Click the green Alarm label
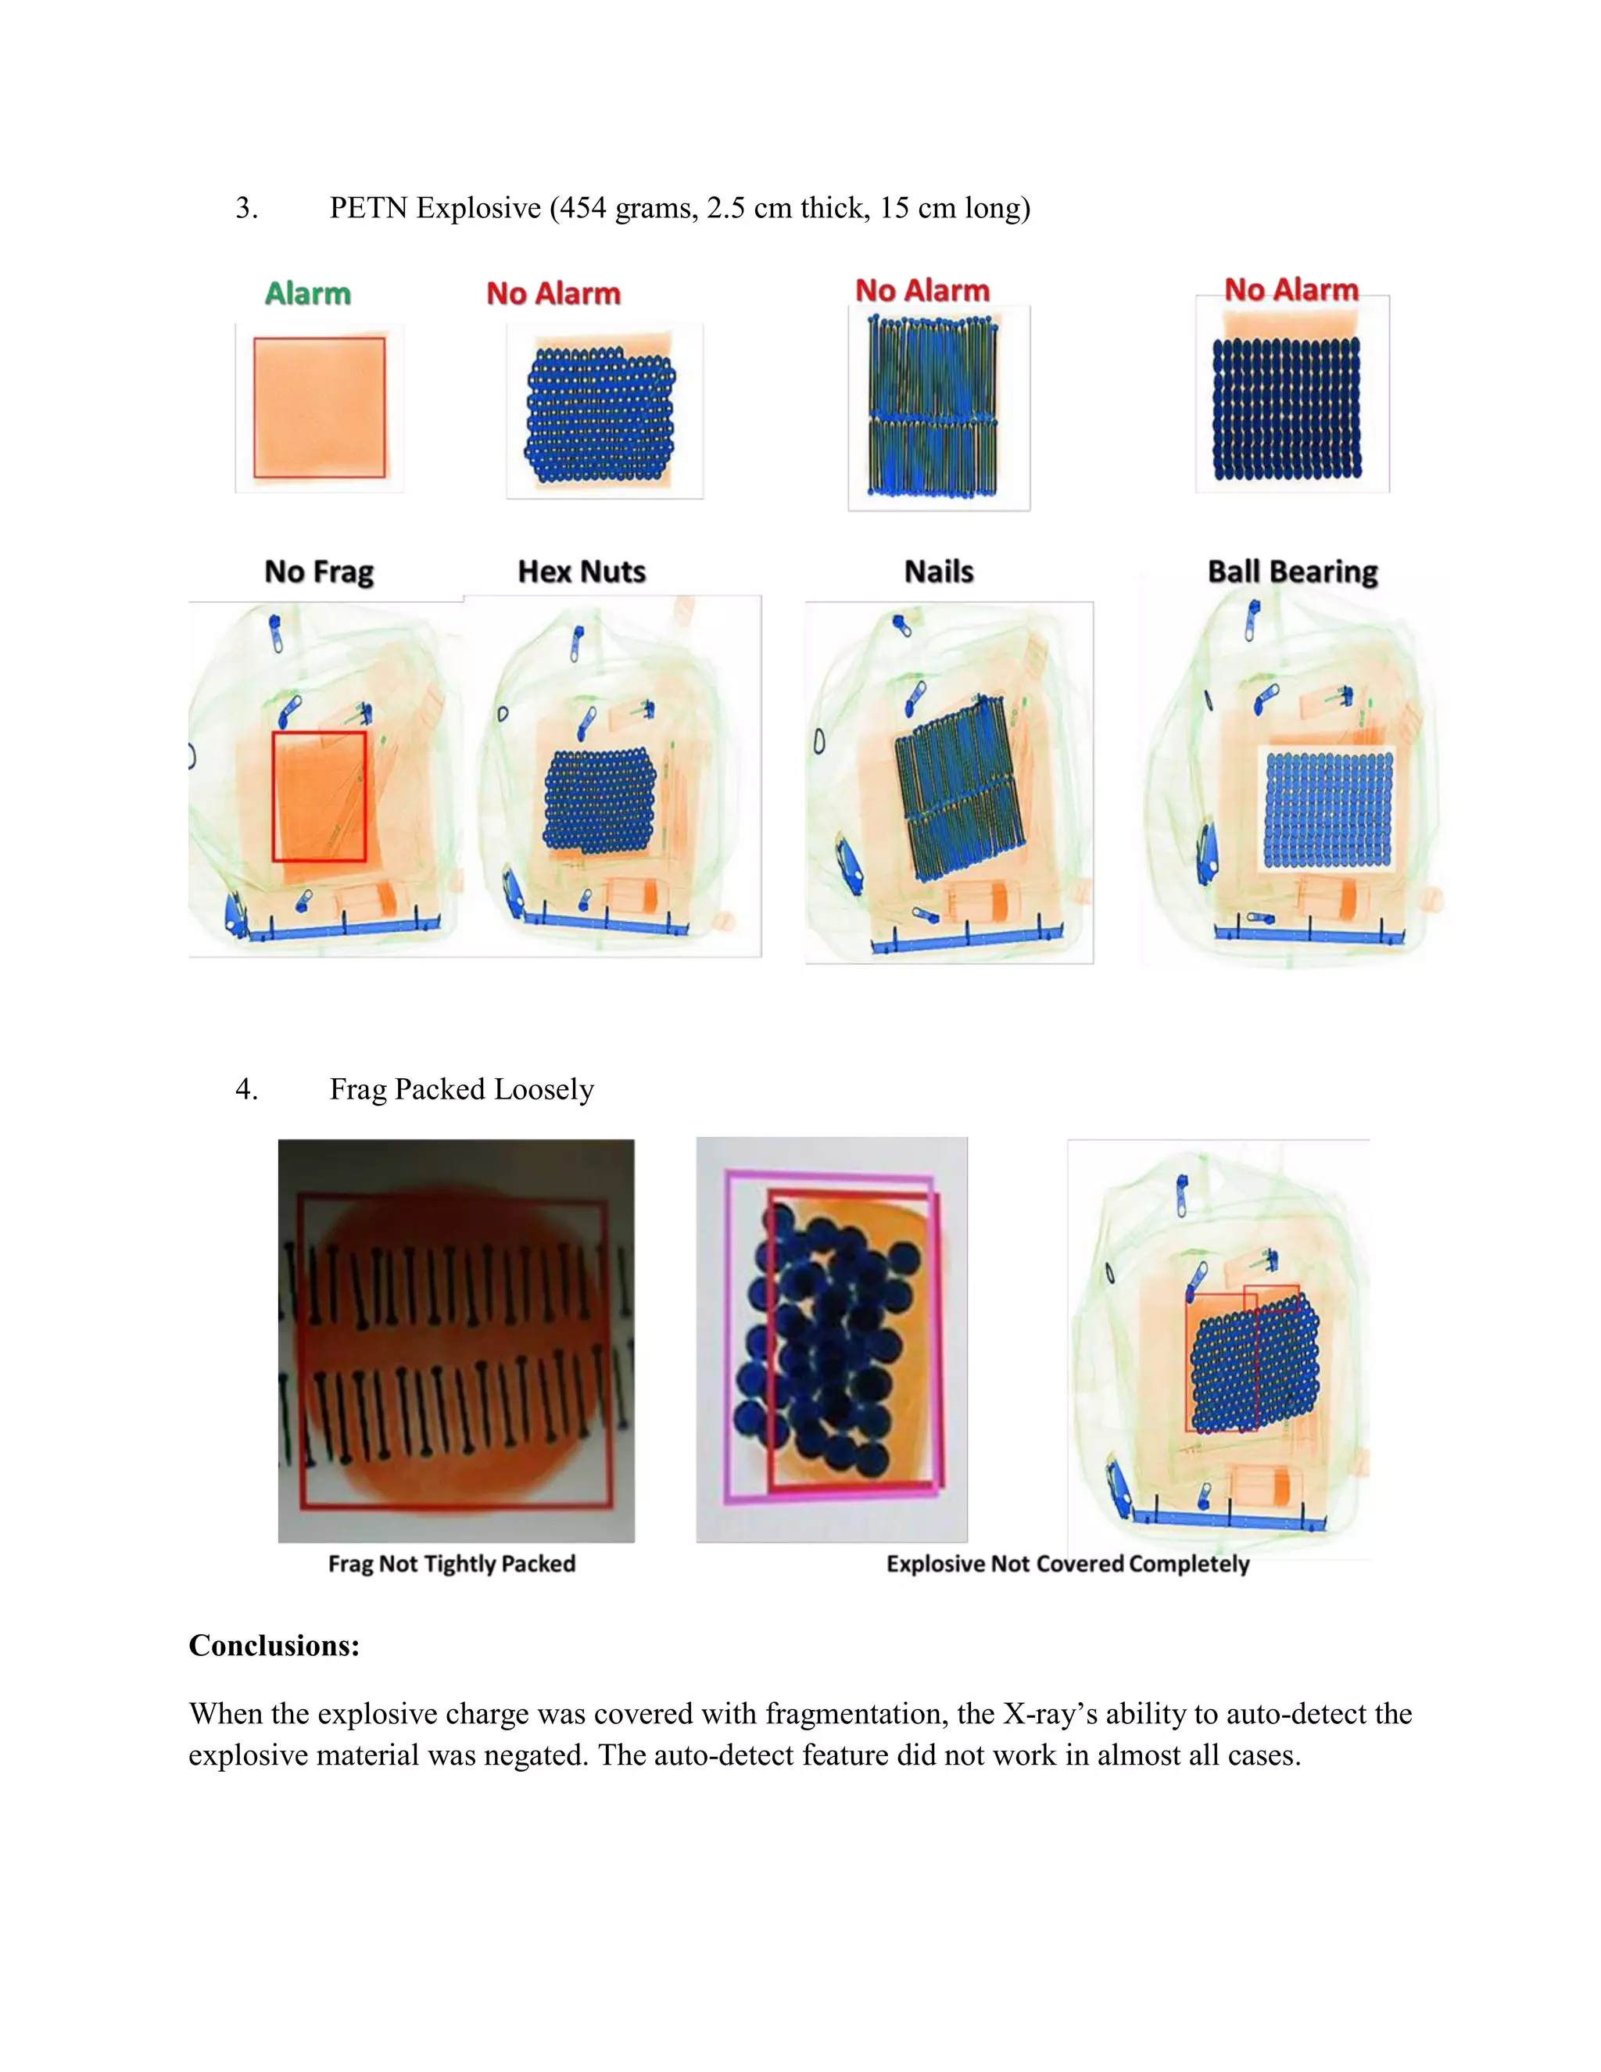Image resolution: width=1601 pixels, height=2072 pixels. pyautogui.click(x=307, y=293)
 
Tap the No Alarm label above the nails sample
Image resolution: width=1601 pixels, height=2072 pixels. pyautogui.click(x=922, y=290)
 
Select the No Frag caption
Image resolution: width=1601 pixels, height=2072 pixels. pyautogui.click(x=319, y=572)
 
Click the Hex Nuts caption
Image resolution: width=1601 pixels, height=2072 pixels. pyautogui.click(x=582, y=572)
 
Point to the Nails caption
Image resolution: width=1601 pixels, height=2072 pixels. pyautogui.click(x=939, y=572)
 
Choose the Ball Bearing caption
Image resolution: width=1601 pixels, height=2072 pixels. pyautogui.click(x=1291, y=572)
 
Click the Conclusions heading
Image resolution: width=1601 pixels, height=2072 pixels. pyautogui.click(x=274, y=1645)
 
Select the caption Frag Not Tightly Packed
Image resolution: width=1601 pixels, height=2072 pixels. pyautogui.click(x=452, y=1564)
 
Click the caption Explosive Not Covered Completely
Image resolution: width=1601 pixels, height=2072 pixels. pyautogui.click(x=1068, y=1564)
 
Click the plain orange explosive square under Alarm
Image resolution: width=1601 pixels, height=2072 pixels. pyautogui.click(x=320, y=408)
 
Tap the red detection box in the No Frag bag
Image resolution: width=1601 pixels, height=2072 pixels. pyautogui.click(x=320, y=796)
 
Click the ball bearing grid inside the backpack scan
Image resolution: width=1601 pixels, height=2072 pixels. pyautogui.click(x=1328, y=809)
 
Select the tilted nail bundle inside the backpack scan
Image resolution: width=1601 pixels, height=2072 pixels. pyautogui.click(x=958, y=787)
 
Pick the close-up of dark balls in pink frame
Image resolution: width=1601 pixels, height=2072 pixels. pyautogui.click(x=832, y=1339)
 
